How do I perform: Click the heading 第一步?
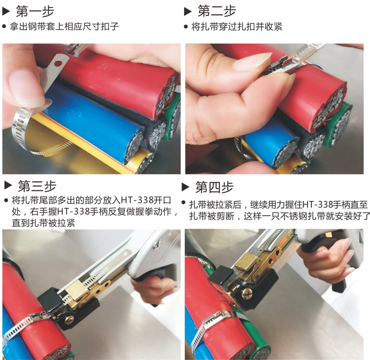[x=35, y=11]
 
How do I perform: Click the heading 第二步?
[x=216, y=11]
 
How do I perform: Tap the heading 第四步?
[x=214, y=187]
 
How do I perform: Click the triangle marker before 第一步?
[x=6, y=11]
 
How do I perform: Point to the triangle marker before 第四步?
[x=185, y=187]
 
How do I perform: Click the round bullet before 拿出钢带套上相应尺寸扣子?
[x=4, y=27]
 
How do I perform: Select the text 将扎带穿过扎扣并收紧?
[x=237, y=27]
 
